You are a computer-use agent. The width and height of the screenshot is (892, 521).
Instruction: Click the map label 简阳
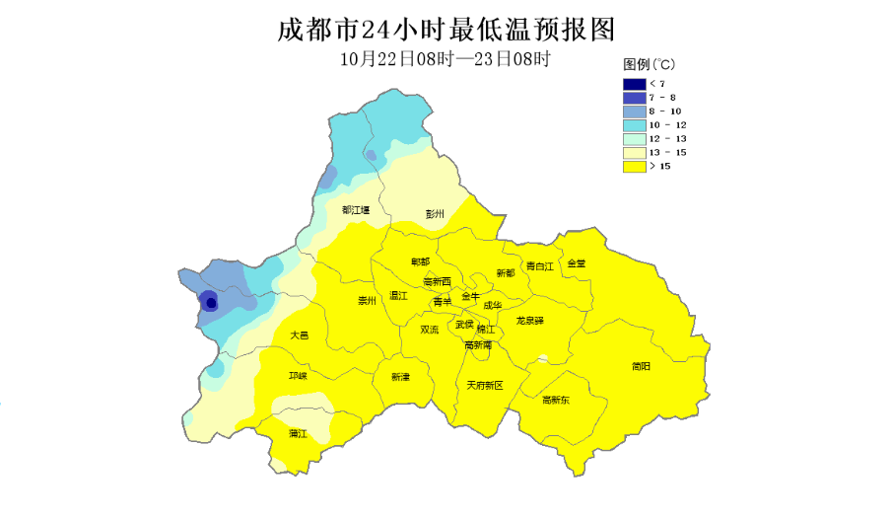pos(641,366)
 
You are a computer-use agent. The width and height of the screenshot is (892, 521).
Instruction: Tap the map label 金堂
pos(577,263)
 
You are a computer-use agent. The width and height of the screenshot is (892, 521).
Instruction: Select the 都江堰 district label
pos(356,209)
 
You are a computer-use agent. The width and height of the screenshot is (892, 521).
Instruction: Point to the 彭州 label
pos(435,213)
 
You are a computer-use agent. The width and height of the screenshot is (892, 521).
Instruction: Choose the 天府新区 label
pos(485,385)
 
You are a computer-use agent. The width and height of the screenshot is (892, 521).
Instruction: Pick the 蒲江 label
pos(298,433)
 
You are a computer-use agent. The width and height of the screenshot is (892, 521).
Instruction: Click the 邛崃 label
pos(298,376)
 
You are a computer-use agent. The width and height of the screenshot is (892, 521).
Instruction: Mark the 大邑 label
pos(300,335)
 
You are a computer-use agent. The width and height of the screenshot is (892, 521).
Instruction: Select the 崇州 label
pos(367,301)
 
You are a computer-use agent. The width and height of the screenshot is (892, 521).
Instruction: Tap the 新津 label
pos(400,376)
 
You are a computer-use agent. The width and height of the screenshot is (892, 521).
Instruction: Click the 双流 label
pos(430,330)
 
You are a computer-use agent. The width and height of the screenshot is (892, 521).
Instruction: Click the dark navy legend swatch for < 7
pos(634,84)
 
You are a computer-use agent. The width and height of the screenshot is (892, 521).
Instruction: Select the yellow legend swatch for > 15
pos(634,167)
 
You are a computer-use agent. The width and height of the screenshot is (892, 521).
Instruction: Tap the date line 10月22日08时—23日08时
pos(445,58)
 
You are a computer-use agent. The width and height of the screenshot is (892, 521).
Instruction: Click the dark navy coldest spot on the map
pos(210,303)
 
